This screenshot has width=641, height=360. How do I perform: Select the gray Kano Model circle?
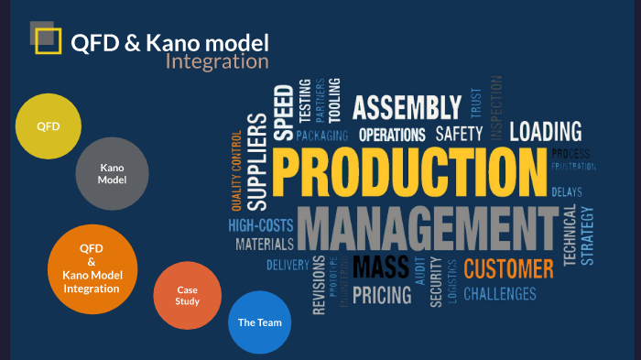(113, 174)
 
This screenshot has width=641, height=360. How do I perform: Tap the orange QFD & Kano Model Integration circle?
(92, 268)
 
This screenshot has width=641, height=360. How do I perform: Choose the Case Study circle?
(188, 295)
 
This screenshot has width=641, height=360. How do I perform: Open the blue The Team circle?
(259, 322)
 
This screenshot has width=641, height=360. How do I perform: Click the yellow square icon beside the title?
(48, 41)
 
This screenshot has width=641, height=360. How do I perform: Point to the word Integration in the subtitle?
(217, 62)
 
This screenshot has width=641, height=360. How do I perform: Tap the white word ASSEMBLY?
(407, 108)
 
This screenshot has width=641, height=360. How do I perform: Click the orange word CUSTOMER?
(508, 268)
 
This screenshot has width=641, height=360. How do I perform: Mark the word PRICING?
(382, 295)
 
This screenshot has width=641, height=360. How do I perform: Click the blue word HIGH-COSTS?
(261, 224)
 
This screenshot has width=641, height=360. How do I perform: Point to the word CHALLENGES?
(500, 294)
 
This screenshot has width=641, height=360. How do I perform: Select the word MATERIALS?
(265, 245)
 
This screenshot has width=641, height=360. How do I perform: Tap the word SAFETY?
(459, 135)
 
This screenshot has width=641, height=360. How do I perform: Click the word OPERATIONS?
(393, 136)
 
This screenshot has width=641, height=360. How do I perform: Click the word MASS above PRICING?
(381, 267)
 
